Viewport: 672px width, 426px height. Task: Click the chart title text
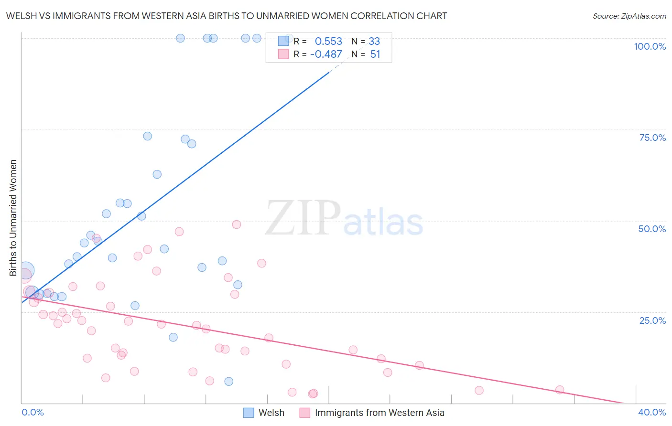point(227,16)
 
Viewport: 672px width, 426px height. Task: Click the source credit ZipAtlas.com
point(629,16)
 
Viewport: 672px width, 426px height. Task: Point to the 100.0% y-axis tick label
point(650,46)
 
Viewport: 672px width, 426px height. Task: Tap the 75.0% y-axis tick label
point(652,138)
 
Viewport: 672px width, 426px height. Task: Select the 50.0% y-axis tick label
point(652,229)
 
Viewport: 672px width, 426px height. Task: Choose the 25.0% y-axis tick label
point(652,320)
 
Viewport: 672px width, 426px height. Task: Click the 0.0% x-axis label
point(33,412)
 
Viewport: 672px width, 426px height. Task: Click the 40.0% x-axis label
point(652,412)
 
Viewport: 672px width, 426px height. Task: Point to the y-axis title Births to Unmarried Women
point(13,218)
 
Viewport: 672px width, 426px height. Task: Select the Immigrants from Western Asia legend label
point(379,413)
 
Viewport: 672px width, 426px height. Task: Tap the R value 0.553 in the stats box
point(328,41)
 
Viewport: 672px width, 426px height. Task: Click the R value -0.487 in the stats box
point(326,54)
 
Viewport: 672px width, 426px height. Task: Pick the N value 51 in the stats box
point(375,54)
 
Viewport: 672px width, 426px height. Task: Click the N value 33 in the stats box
point(374,41)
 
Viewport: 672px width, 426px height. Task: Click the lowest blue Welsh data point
point(229,381)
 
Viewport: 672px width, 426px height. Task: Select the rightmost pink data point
point(560,390)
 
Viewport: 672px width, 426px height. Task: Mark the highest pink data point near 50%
point(237,224)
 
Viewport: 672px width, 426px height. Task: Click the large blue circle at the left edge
point(26,271)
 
